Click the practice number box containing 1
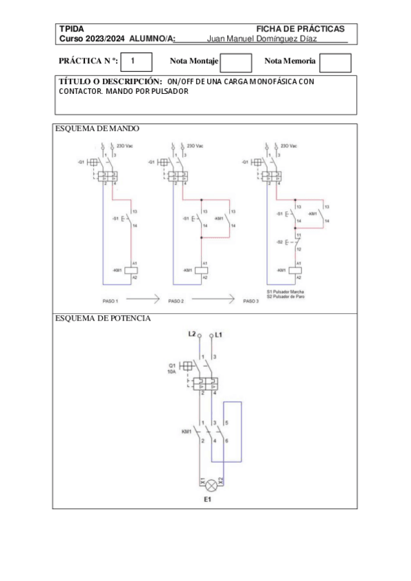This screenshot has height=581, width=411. coord(132,62)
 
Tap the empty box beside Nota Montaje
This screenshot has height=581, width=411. coord(236,62)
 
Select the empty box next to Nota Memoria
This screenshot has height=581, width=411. coord(335,62)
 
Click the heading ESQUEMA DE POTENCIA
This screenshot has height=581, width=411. coord(103,319)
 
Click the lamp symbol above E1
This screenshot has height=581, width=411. coord(212,485)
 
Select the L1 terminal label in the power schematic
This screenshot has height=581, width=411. coord(219,334)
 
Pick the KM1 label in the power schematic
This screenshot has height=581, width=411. coord(186,432)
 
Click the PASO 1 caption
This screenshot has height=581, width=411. coord(109,301)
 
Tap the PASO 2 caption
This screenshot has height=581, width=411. coord(176,301)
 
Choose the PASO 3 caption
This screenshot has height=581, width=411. coord(252,301)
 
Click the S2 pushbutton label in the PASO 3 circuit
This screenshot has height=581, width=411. coord(279,243)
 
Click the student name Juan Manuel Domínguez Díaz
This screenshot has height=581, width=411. coord(261,38)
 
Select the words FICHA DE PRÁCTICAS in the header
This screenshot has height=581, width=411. coord(300,29)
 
